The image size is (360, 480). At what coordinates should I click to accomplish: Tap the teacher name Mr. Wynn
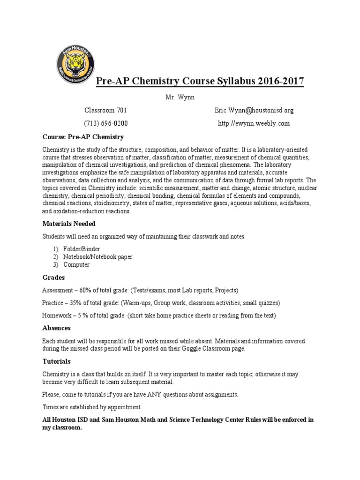pos(180,97)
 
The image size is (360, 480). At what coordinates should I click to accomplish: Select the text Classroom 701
pos(105,111)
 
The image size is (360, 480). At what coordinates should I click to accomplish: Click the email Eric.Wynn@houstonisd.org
pos(254,111)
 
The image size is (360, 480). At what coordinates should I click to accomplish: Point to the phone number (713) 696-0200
pos(105,124)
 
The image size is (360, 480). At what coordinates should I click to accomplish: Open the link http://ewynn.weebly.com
pos(254,124)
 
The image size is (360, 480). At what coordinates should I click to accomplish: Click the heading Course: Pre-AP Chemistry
pos(83,137)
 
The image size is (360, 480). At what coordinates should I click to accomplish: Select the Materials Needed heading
pos(69,224)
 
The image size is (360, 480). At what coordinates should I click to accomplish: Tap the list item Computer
pos(76,264)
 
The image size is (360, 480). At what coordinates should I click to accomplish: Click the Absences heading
pos(56,328)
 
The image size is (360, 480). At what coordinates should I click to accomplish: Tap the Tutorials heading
pos(56,361)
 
